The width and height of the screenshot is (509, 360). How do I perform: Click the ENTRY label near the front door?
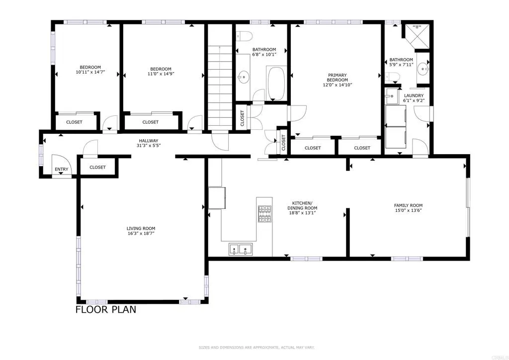[x=62, y=170]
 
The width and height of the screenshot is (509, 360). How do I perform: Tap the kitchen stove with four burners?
[x=264, y=213]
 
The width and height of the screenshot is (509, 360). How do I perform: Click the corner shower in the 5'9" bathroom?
[x=415, y=35]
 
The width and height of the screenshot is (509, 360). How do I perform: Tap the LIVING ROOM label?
[x=141, y=229]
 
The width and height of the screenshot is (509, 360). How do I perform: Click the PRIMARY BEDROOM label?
[x=337, y=78]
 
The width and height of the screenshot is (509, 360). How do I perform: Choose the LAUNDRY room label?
[x=414, y=95]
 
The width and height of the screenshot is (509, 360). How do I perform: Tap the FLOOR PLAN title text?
[x=105, y=310]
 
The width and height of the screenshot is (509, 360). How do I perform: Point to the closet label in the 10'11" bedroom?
[x=74, y=122]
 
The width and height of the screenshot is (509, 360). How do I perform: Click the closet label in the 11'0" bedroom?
[x=151, y=122]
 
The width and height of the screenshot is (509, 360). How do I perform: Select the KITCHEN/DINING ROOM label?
[x=302, y=206]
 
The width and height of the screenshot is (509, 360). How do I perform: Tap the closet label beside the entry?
[x=97, y=167]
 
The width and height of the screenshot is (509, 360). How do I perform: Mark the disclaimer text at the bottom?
[x=254, y=347]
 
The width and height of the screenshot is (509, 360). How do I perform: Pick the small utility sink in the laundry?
[x=392, y=96]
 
